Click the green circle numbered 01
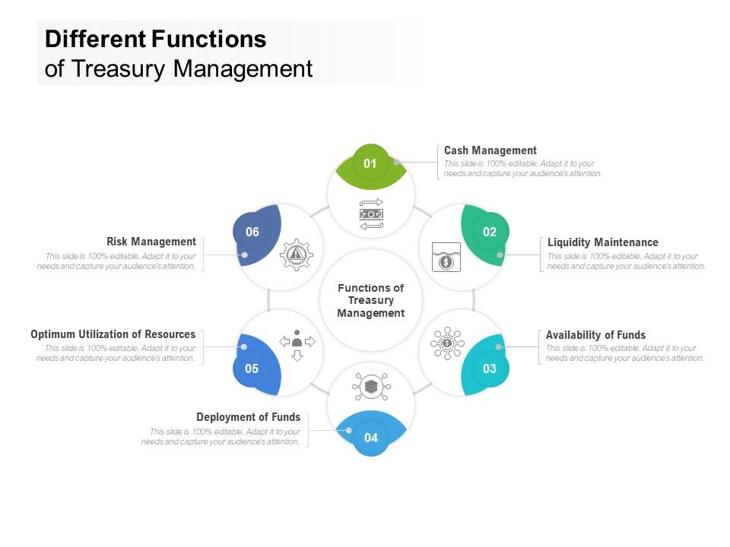click(370, 163)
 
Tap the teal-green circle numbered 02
click(489, 232)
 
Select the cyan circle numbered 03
click(489, 369)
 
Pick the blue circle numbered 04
click(371, 438)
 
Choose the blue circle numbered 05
click(252, 369)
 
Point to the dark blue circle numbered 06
click(252, 232)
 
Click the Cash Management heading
click(490, 150)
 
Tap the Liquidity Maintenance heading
click(603, 242)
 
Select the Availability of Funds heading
click(595, 335)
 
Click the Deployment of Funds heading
click(248, 417)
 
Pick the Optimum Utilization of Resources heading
click(113, 334)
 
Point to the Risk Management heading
click(151, 242)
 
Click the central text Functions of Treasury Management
click(371, 300)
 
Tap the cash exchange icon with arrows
click(371, 214)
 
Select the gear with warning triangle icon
click(297, 255)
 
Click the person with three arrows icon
click(297, 344)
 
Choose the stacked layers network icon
click(371, 387)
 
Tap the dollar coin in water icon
click(446, 258)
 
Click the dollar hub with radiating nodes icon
click(446, 343)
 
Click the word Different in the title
click(95, 39)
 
